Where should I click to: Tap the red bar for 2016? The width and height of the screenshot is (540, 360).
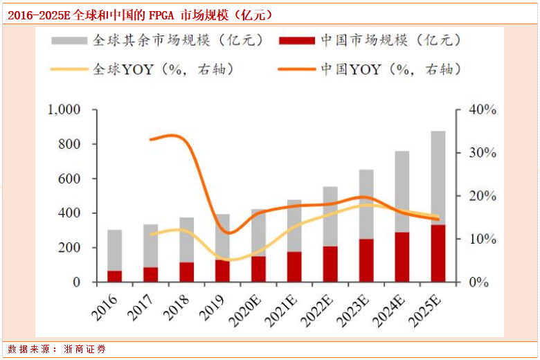click(x=115, y=276)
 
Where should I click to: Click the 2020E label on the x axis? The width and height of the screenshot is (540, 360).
click(x=246, y=307)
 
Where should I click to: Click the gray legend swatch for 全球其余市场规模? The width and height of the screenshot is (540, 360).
click(x=71, y=40)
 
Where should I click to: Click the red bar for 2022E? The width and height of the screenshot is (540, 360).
click(x=330, y=264)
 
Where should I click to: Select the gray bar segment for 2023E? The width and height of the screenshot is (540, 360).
click(x=366, y=204)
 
